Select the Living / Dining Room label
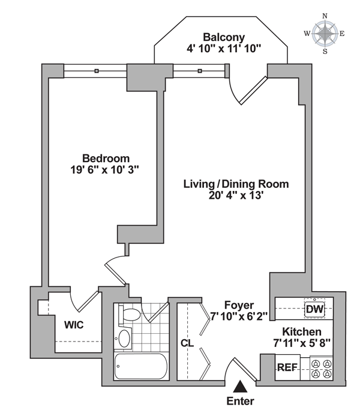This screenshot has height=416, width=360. click(x=236, y=184)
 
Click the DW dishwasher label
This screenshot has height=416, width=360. click(x=314, y=309)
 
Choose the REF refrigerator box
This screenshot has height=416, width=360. click(x=286, y=367)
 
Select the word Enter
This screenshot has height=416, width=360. click(x=240, y=401)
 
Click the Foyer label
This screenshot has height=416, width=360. click(x=239, y=304)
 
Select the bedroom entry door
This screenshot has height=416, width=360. click(x=115, y=267)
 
